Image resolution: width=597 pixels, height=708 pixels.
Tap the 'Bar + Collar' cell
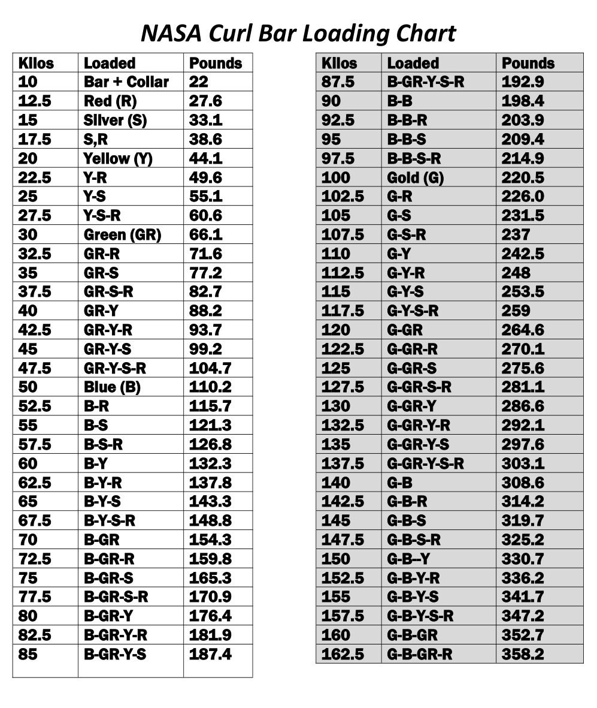(x=126, y=82)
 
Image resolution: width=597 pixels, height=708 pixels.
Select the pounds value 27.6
(x=205, y=101)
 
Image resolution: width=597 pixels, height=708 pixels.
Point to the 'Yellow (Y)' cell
(x=118, y=159)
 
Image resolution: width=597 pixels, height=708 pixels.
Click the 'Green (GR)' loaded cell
(x=122, y=235)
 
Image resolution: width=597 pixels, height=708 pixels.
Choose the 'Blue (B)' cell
(x=112, y=387)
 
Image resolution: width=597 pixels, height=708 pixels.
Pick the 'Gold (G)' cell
(x=415, y=178)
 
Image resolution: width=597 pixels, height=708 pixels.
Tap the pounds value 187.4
(x=210, y=654)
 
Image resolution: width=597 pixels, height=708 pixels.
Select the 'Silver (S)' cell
(x=115, y=120)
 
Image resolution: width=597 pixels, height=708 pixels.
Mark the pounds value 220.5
(x=523, y=178)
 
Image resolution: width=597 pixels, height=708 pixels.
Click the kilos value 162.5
(x=343, y=654)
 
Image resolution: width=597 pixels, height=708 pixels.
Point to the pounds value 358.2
(x=523, y=654)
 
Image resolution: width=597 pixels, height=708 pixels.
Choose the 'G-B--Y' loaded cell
(x=408, y=559)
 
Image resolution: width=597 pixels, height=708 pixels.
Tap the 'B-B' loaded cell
(x=399, y=101)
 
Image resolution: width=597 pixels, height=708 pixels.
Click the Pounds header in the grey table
(x=528, y=63)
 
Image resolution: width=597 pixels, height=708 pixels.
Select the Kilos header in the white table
(x=36, y=63)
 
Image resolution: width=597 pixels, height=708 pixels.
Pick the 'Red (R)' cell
(x=110, y=101)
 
